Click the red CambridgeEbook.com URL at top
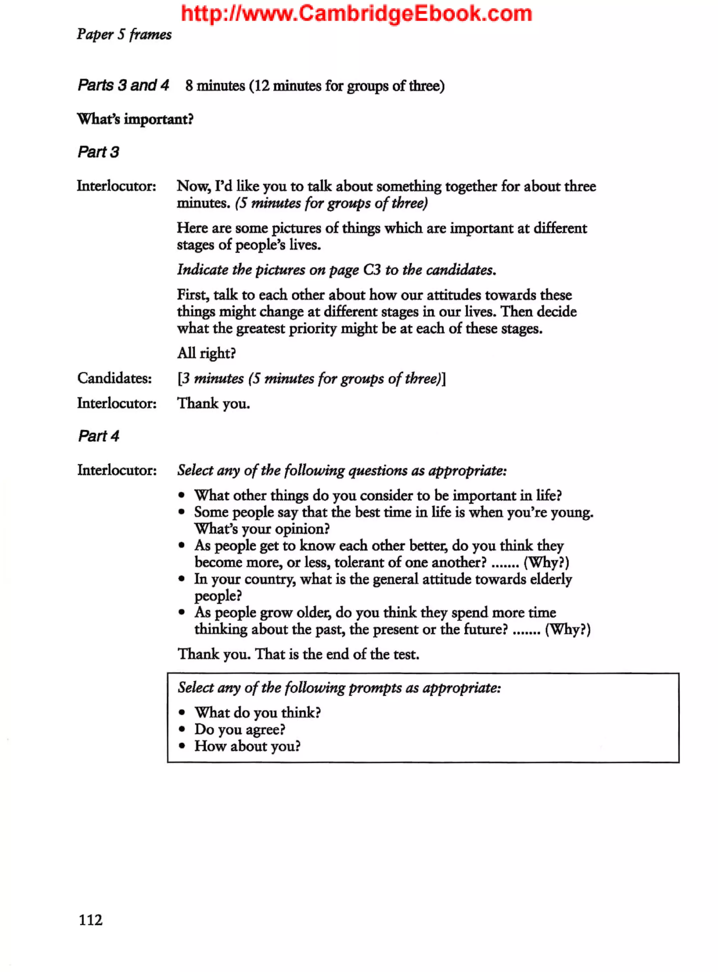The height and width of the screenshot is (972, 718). click(357, 13)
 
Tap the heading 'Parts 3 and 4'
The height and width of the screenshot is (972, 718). click(123, 85)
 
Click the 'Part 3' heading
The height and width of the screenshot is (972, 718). click(98, 152)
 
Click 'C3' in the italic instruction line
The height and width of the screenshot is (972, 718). click(372, 270)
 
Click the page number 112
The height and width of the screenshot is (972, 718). click(90, 920)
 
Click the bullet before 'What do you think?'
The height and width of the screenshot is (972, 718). click(182, 712)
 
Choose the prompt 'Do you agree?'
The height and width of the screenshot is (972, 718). click(239, 729)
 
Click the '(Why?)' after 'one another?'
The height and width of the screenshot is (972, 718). click(546, 562)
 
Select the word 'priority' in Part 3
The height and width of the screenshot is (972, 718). click(313, 329)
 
